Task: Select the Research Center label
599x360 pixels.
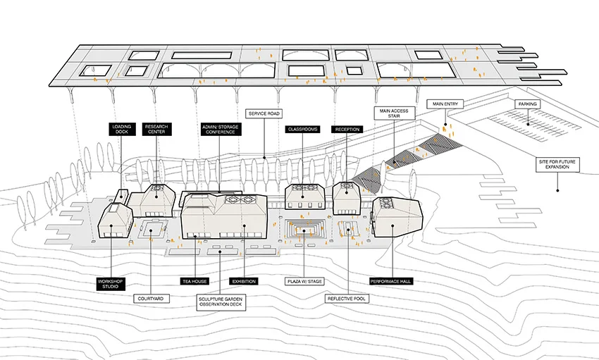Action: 156,129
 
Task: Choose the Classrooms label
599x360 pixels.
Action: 304,130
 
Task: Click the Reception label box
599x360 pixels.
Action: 347,130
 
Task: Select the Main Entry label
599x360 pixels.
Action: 444,104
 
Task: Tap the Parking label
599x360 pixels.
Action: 527,104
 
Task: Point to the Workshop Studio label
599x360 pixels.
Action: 111,285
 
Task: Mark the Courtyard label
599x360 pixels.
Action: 152,299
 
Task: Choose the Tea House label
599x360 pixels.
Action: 195,281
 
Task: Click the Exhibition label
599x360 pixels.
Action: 243,281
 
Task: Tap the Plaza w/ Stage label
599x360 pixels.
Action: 304,281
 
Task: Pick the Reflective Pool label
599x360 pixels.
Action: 347,299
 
